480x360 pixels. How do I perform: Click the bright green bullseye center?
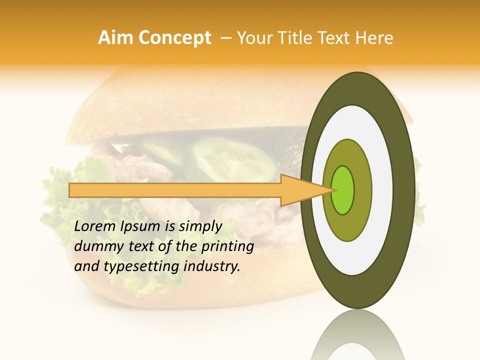click(x=343, y=190)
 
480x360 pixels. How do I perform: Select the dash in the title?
click(x=225, y=38)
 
